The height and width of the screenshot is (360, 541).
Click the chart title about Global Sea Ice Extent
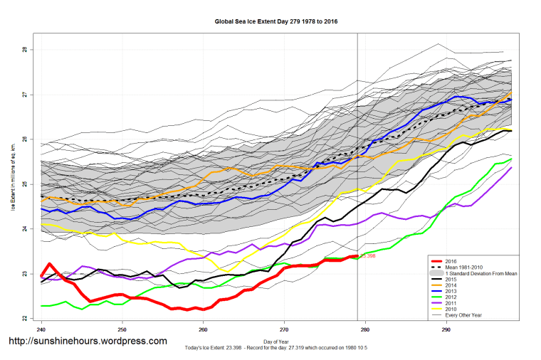[276, 21]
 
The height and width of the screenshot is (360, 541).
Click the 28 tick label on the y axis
[24, 50]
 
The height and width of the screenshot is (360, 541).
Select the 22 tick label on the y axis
[24, 318]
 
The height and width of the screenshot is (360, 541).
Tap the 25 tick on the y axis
[24, 184]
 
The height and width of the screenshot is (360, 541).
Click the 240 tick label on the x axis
[41, 330]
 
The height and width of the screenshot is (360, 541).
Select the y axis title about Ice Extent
[13, 184]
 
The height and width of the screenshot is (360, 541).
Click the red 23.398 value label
[368, 255]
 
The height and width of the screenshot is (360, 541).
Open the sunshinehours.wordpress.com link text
[88, 342]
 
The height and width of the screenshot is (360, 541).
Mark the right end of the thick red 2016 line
[357, 256]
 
